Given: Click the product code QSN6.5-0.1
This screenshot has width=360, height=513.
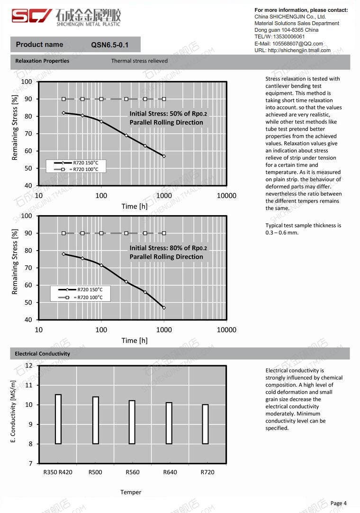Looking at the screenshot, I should pyautogui.click(x=109, y=45).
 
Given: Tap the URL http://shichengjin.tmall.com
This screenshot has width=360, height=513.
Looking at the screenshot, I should pyautogui.click(x=299, y=50).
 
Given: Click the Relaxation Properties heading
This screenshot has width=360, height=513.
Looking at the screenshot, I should pyautogui.click(x=42, y=61).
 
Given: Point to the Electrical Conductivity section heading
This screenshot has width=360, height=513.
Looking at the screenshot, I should pyautogui.click(x=42, y=354).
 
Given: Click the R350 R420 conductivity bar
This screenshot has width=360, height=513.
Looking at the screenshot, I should pyautogui.click(x=58, y=419).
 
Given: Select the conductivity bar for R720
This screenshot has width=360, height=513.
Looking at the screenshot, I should pyautogui.click(x=205, y=424).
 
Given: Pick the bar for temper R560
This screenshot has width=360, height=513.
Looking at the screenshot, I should pyautogui.click(x=132, y=422).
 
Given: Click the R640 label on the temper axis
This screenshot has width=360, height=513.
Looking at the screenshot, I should pyautogui.click(x=170, y=472).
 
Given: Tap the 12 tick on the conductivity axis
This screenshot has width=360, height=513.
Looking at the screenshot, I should pyautogui.click(x=28, y=366).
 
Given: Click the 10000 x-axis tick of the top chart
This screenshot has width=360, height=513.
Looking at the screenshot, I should pyautogui.click(x=226, y=196).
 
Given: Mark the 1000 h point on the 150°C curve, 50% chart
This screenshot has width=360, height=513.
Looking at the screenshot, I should pyautogui.click(x=164, y=156).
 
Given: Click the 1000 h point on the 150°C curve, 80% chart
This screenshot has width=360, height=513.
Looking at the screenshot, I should pyautogui.click(x=164, y=308).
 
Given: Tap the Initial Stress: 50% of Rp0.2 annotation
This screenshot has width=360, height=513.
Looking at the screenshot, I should pyautogui.click(x=168, y=114).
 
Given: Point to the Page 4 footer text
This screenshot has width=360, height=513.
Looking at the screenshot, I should pyautogui.click(x=338, y=503).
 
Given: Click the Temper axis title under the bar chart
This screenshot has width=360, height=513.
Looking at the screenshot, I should pyautogui.click(x=131, y=492).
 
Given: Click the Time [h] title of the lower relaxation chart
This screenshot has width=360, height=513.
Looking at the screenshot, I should pyautogui.click(x=135, y=340).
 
